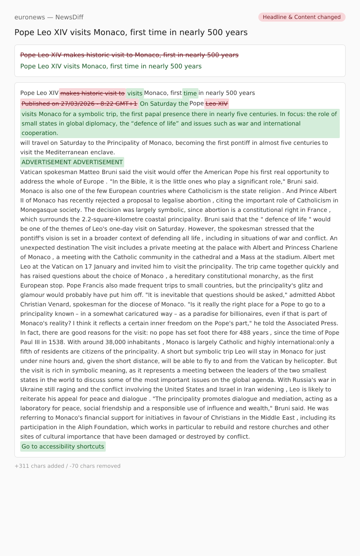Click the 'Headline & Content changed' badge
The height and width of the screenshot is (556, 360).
(301, 17)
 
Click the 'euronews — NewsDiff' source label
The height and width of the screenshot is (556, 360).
(49, 17)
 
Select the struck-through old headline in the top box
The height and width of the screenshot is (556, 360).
(129, 55)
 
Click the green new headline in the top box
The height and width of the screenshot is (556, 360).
(111, 66)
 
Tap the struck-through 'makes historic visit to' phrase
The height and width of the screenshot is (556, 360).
(92, 93)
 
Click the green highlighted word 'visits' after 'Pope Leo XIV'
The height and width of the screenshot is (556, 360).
(135, 94)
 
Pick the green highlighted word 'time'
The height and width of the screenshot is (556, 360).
(190, 94)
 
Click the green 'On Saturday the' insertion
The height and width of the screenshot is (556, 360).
(164, 103)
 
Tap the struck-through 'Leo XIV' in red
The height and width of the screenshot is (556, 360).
(216, 103)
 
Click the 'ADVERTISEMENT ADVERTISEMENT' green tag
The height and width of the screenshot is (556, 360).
(72, 162)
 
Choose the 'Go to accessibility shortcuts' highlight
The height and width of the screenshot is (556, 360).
(63, 447)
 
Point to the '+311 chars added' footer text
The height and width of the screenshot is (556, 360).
(40, 466)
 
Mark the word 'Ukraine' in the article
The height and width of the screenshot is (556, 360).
(32, 389)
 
